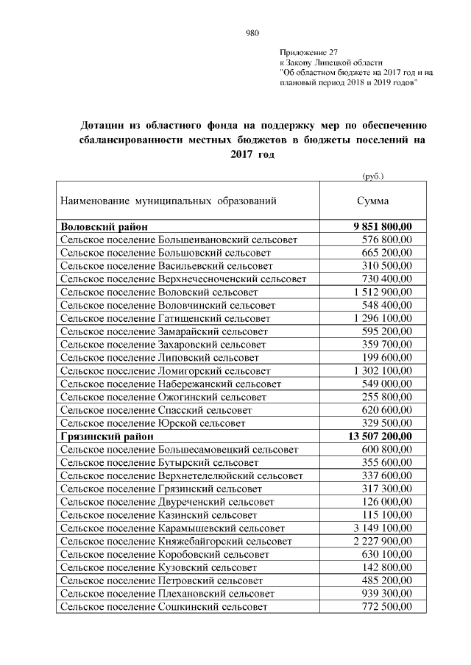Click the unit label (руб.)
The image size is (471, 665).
click(x=373, y=176)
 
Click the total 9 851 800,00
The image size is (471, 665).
click(x=383, y=227)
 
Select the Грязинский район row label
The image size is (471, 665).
click(x=107, y=436)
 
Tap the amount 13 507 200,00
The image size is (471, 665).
click(x=380, y=436)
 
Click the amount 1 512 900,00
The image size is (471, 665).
click(x=383, y=292)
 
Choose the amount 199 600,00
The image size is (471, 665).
click(x=388, y=357)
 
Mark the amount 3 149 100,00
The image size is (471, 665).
click(x=383, y=528)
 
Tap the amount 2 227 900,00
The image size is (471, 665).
click(x=383, y=542)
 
